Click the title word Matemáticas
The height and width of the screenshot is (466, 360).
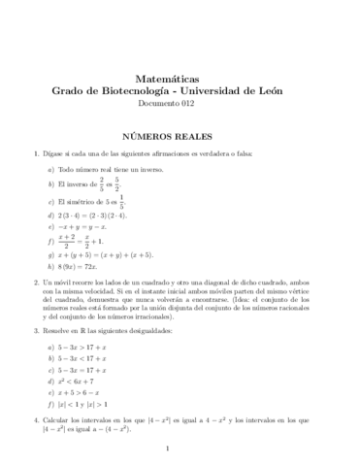coord(180,77)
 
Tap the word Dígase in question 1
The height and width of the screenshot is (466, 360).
coord(60,153)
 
